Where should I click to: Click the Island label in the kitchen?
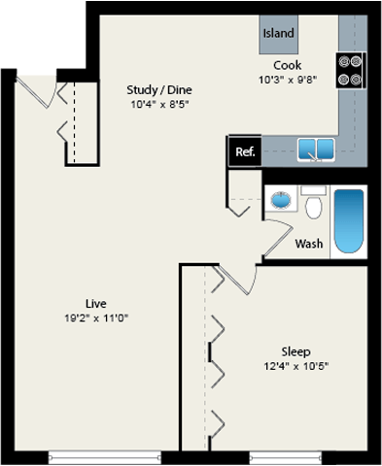click(x=278, y=33)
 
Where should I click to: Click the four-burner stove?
click(x=350, y=69)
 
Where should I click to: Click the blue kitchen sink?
click(x=316, y=150)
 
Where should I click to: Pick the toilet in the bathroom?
click(x=313, y=206)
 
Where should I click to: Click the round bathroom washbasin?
click(x=281, y=200)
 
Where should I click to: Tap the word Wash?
click(x=309, y=244)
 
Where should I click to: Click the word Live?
click(x=95, y=303)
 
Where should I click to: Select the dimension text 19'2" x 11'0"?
click(x=95, y=317)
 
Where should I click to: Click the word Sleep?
click(x=295, y=351)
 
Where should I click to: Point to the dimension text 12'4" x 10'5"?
click(x=295, y=366)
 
